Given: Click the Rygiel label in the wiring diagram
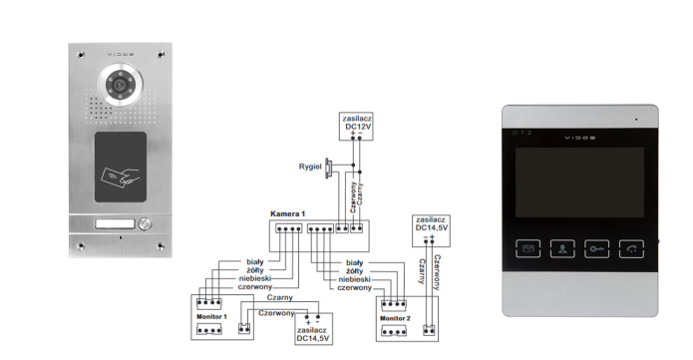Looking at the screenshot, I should click(311, 166).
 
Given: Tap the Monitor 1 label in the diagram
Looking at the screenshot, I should click(212, 316).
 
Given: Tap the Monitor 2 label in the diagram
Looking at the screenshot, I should click(395, 316).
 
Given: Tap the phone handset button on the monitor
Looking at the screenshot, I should click(631, 249).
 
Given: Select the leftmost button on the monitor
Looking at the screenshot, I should click(528, 249).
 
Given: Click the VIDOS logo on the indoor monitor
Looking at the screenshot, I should click(578, 134).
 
